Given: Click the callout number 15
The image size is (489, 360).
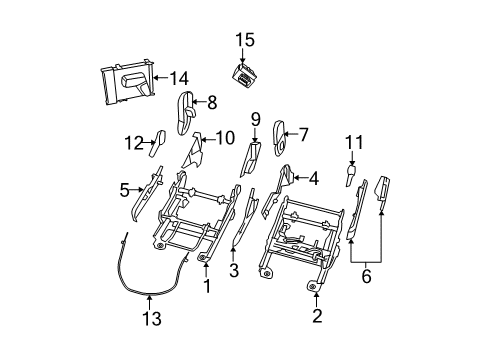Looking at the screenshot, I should (x=245, y=40).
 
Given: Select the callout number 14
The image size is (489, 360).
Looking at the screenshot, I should (x=178, y=76).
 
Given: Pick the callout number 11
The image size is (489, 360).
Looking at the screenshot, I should (x=352, y=142).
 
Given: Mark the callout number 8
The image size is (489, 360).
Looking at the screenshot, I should (x=211, y=100).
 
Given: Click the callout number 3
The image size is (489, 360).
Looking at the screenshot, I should (x=233, y=270).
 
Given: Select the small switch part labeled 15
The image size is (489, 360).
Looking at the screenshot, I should (x=243, y=74).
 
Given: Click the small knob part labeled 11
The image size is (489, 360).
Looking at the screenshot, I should (x=352, y=174).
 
